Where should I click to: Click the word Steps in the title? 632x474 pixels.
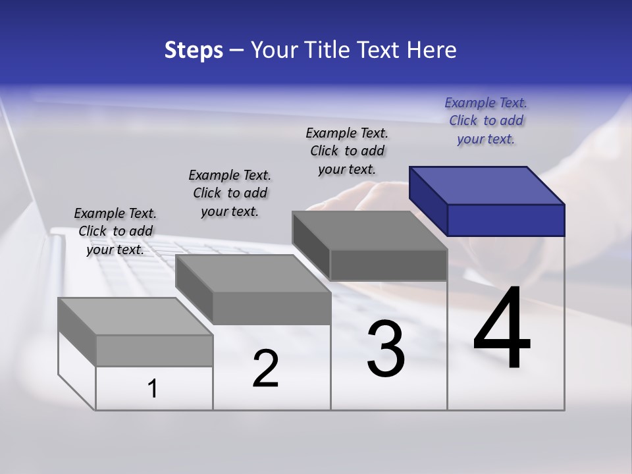(x=194, y=50)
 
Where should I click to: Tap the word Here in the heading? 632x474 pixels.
(x=431, y=50)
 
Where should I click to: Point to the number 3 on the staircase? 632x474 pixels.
(x=386, y=349)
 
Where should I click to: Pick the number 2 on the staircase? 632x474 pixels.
(x=265, y=369)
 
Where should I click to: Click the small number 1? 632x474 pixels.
(x=153, y=388)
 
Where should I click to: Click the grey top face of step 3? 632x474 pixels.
(x=369, y=230)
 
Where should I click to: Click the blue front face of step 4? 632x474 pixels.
(x=506, y=220)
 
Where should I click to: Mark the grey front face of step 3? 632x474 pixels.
(x=388, y=265)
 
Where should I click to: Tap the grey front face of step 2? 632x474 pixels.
(x=271, y=308)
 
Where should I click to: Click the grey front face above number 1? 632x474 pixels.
(x=154, y=350)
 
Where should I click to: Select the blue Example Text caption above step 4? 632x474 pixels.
(x=486, y=121)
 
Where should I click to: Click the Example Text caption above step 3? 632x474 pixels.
(x=347, y=151)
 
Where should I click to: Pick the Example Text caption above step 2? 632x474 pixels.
(x=230, y=193)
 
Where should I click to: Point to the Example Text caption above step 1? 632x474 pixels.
(x=115, y=231)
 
